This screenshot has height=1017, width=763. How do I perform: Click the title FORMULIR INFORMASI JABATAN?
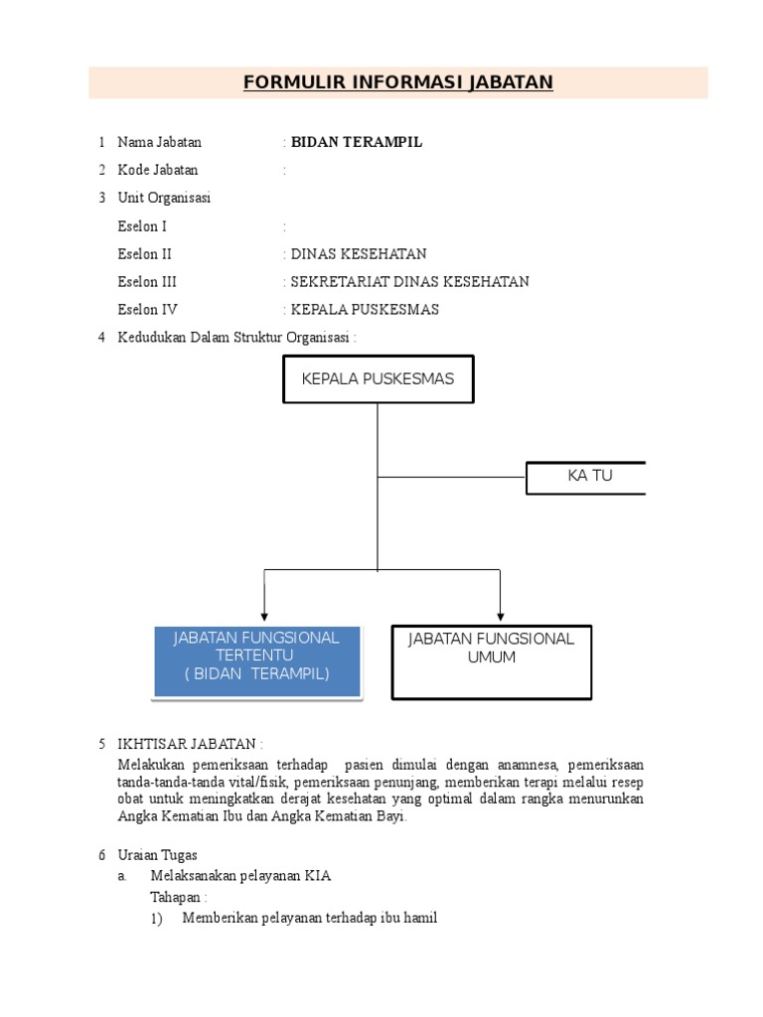click(398, 82)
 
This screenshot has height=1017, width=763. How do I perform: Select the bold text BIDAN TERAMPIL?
click(357, 142)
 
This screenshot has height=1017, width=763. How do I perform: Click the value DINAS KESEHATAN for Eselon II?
click(359, 254)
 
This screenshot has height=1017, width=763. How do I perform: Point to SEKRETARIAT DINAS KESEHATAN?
click(409, 282)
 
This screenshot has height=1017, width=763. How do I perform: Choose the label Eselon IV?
click(148, 310)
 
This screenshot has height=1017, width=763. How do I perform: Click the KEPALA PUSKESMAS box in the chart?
click(378, 378)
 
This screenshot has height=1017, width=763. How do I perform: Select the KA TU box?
click(586, 477)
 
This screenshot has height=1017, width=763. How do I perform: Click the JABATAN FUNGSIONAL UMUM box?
click(492, 661)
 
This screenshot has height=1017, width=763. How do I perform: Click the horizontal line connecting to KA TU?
click(451, 477)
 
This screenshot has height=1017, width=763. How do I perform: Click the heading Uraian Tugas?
click(158, 855)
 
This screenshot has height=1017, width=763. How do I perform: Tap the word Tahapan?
click(176, 897)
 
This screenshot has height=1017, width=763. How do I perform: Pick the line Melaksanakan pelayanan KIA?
click(240, 876)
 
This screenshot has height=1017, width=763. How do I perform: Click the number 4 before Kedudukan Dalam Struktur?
click(101, 338)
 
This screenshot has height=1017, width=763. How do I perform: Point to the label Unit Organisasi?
click(164, 198)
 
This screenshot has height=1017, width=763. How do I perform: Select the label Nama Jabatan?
click(159, 142)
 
